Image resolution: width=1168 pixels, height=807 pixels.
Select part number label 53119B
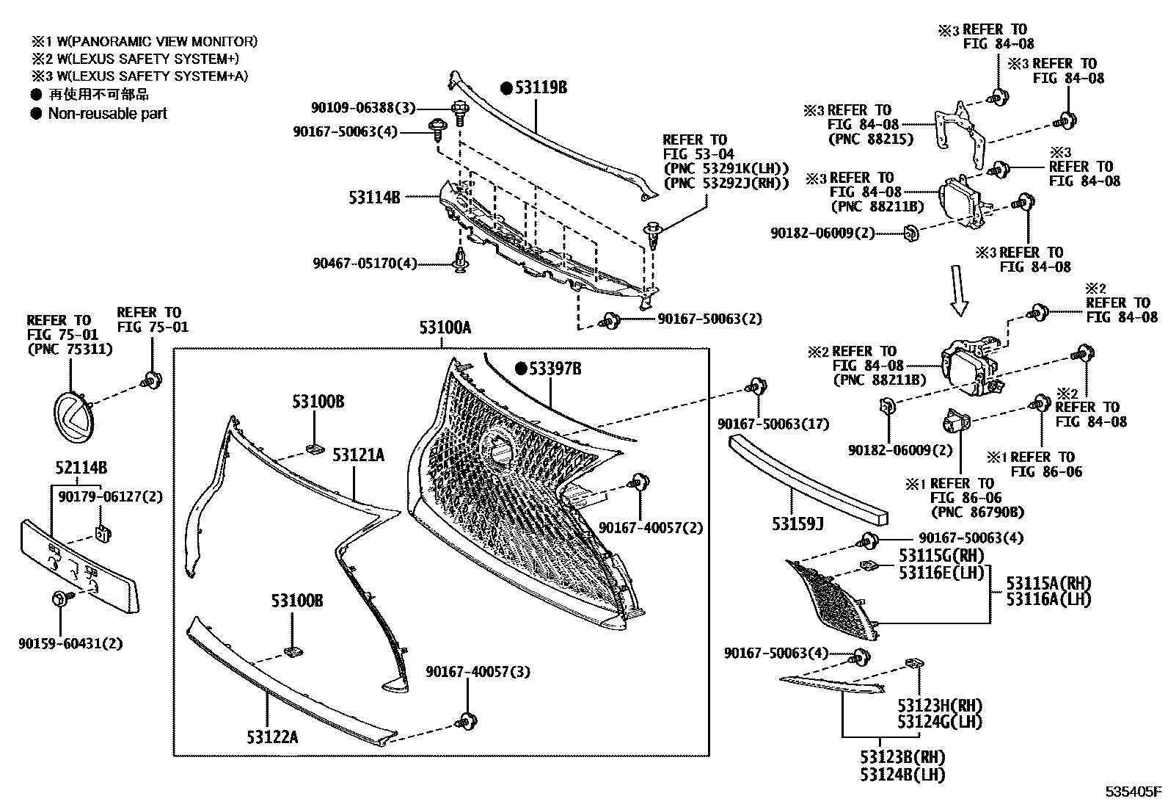[541, 88]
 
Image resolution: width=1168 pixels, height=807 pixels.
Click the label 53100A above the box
[445, 327]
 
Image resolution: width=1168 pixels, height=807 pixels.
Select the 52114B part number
[81, 468]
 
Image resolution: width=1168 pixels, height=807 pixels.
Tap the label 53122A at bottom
[272, 737]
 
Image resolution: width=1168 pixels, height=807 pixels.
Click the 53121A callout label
[358, 455]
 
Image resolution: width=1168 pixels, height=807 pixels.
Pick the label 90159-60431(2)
[70, 644]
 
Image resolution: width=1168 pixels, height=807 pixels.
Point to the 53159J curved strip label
[797, 524]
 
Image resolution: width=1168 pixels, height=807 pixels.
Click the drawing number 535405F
[1134, 792]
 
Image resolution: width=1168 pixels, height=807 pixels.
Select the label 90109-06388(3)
[362, 108]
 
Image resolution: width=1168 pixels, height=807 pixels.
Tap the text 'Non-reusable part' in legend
[107, 114]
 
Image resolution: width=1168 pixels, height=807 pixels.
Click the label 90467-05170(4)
[365, 263]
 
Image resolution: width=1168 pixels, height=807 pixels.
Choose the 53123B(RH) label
[902, 757]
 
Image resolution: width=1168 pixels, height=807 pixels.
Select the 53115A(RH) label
[1048, 583]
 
